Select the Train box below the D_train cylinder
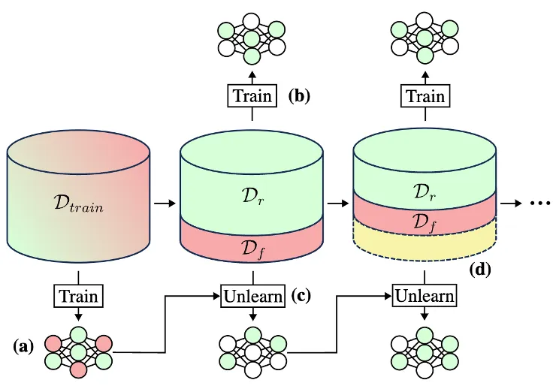(x=78, y=295)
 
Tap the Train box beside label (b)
(x=252, y=96)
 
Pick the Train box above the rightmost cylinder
(x=425, y=96)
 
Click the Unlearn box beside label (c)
(x=252, y=295)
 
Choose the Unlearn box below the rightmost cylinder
(x=425, y=295)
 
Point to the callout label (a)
(x=26, y=346)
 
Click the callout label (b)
(x=298, y=95)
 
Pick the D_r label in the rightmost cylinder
(x=425, y=190)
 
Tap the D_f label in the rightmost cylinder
(x=425, y=221)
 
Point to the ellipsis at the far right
(x=540, y=203)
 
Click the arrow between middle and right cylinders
(x=337, y=203)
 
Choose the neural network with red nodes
(x=78, y=352)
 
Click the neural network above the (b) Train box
(x=252, y=38)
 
